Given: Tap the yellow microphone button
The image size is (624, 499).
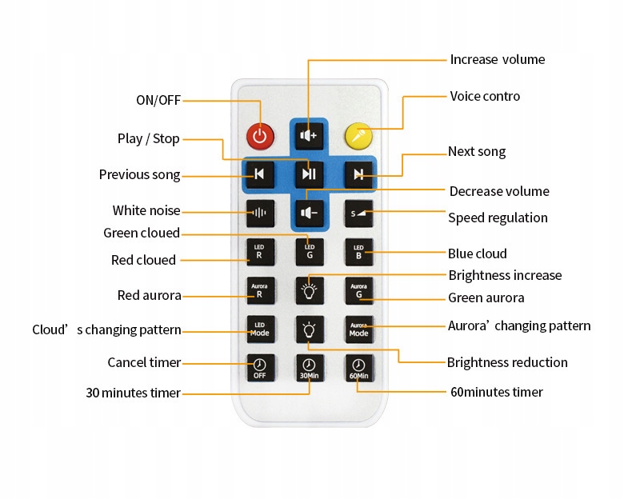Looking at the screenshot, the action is pos(358,136).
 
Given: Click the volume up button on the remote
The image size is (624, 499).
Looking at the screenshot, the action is pos(310,136).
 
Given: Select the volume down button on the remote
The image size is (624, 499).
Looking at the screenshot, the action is pos(310,214).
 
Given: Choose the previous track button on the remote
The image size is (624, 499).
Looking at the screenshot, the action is pos(260,174).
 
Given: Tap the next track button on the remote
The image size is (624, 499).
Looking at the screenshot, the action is pos(358,174).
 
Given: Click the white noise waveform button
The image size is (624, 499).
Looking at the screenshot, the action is pos(260,214).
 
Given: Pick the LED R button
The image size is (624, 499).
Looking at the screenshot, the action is pos(260,252).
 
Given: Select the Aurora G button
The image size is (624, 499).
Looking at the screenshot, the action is pos(359,291).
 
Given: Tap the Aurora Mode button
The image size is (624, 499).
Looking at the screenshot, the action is pos(359,329).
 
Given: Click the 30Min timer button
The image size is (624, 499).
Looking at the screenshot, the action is pos(310,368).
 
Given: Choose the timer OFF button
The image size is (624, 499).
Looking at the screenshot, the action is pos(260,368).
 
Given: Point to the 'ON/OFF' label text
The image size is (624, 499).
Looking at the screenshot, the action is pos(158,100).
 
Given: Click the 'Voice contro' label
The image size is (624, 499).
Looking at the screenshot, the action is pos(485,96).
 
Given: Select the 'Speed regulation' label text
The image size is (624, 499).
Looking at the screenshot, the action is pos(498,218).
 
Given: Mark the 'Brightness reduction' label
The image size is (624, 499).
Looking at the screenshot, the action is pos(507,362).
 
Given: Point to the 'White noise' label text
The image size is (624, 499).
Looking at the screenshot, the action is pos(146,210).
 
